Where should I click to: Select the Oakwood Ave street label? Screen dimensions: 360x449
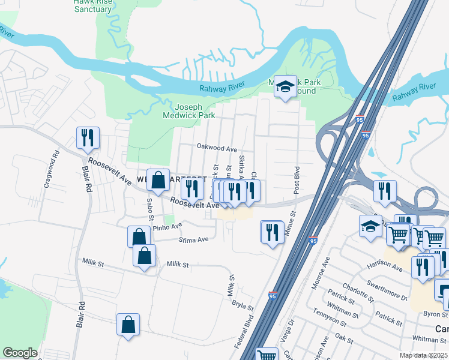[217, 148]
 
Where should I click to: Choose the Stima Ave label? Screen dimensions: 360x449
[193, 239]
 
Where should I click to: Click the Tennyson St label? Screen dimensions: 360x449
[330, 316]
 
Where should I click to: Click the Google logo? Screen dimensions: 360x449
[20, 353]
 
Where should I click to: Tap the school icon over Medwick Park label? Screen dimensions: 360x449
[286, 87]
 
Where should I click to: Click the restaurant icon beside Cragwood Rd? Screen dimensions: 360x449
[88, 138]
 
